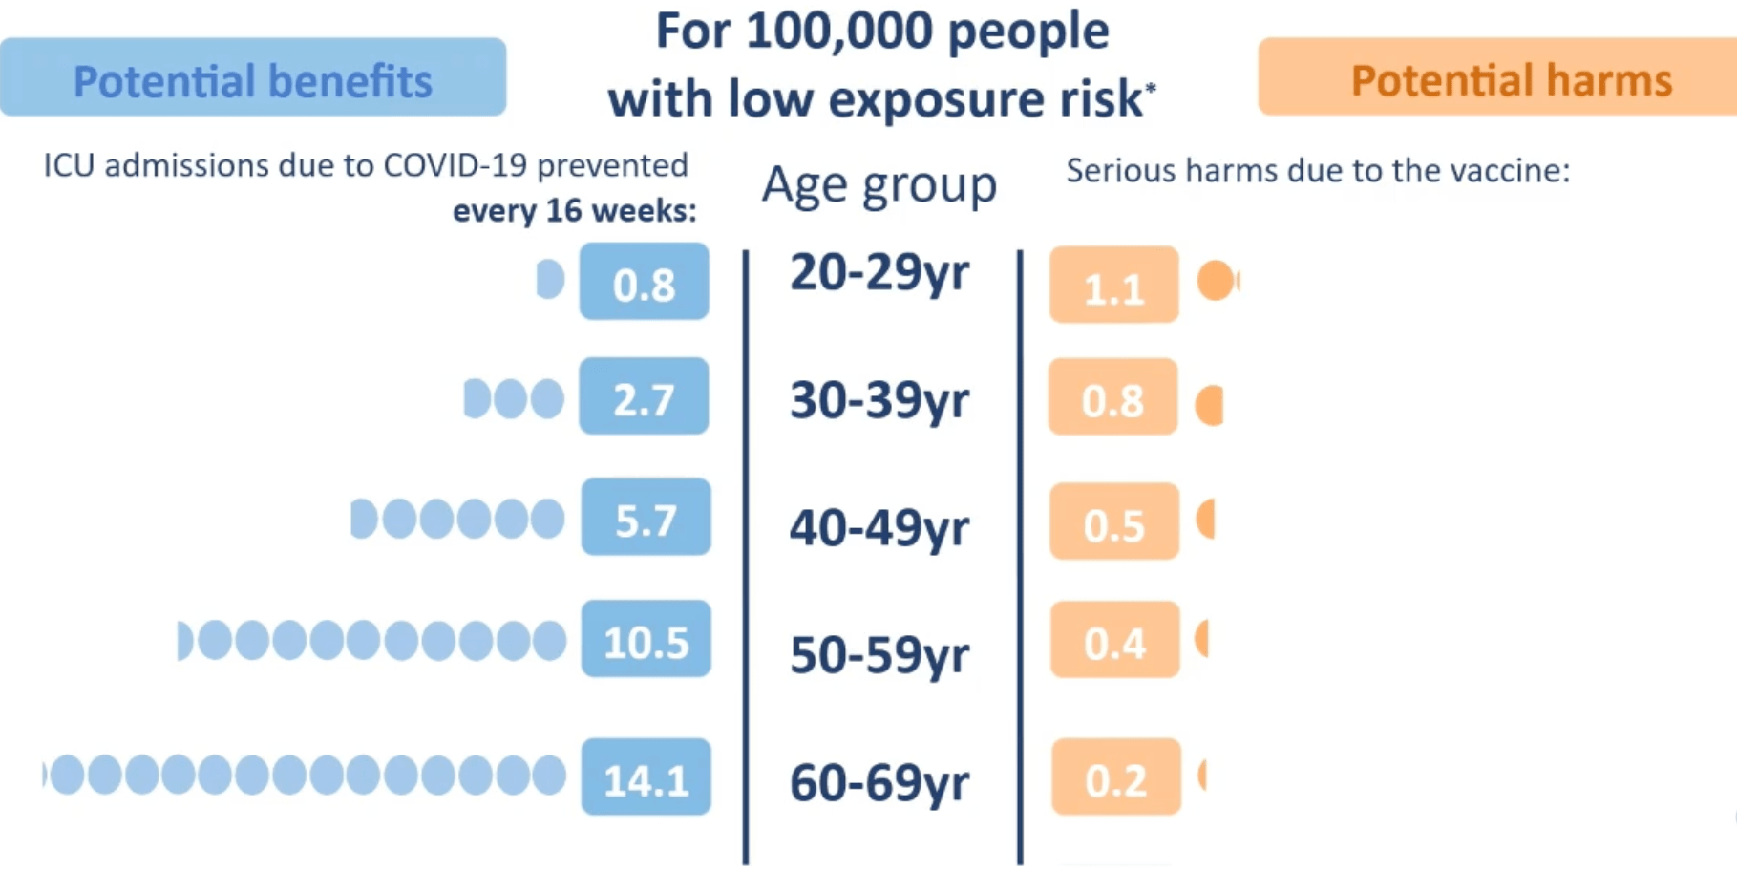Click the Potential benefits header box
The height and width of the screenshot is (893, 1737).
(253, 77)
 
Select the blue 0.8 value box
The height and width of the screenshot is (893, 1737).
(645, 282)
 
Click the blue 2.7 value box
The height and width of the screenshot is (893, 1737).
(645, 397)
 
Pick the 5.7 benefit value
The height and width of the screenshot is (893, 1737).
(646, 518)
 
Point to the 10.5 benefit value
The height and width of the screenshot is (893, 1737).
(646, 640)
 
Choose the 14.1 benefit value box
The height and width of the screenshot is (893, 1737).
(646, 777)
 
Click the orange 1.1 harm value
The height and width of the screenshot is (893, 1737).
(1114, 285)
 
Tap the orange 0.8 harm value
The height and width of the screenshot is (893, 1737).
(1113, 398)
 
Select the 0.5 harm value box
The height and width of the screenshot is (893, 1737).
(1114, 521)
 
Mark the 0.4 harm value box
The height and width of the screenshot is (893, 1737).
(1115, 641)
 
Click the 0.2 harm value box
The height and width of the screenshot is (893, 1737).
(1116, 777)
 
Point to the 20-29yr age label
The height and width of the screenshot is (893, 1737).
(879, 273)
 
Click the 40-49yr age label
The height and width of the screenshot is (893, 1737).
(879, 527)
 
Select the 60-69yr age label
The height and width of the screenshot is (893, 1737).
(879, 782)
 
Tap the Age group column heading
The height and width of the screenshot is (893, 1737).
(879, 184)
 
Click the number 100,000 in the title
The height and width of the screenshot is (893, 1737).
(839, 31)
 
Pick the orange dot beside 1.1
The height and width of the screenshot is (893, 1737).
(1217, 281)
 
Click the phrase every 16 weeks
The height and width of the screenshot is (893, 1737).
(574, 210)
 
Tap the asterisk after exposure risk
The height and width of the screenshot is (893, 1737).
(1151, 88)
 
